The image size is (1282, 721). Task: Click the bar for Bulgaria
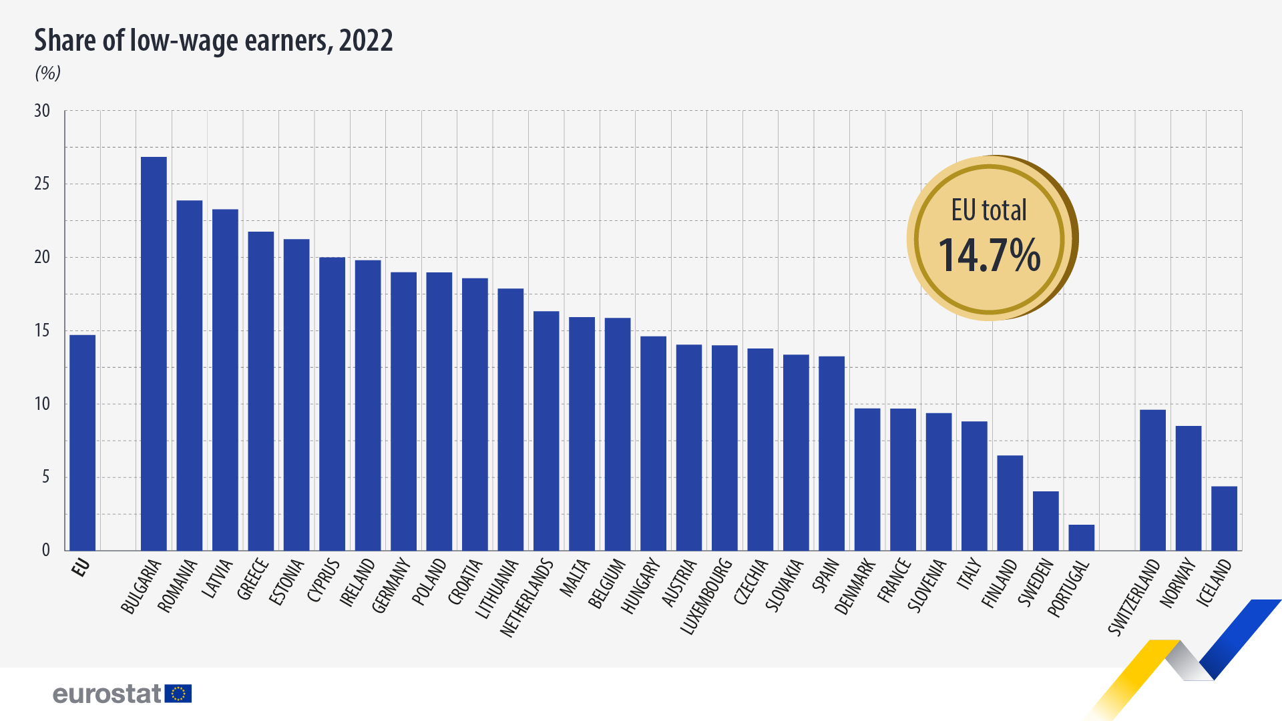coord(154,354)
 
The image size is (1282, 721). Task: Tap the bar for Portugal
coord(1081,537)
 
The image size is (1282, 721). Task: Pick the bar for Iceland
coord(1224,519)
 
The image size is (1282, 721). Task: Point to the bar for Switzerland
coord(1152,480)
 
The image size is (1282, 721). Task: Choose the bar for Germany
coord(403,411)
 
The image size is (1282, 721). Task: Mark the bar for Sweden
coord(1046,521)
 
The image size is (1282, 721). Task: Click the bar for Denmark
coord(867,479)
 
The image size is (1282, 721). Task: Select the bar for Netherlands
coord(546,431)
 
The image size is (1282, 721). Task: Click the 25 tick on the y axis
coord(42,184)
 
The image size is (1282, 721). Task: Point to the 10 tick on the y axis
coord(42,404)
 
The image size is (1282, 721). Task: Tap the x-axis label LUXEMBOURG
coord(707,596)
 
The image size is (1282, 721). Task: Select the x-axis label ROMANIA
coord(178,585)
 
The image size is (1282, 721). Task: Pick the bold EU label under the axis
coord(81,568)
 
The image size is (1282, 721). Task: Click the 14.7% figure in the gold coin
coord(989,255)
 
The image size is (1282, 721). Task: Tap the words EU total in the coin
coord(989,210)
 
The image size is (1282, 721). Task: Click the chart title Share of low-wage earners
coord(214,41)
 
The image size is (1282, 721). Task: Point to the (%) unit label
coord(48,73)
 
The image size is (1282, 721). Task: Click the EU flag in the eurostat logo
coord(178,694)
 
